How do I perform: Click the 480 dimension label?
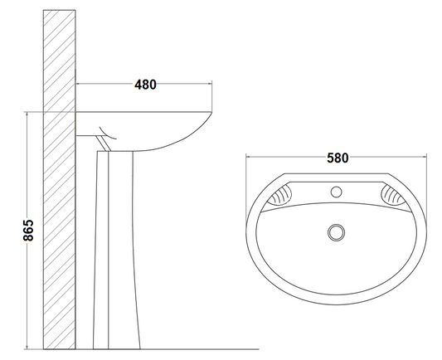(x=145, y=85)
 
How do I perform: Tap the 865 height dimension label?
(x=28, y=231)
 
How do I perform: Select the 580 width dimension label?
(x=338, y=158)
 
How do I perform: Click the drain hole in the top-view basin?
(x=337, y=232)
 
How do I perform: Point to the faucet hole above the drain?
(x=336, y=192)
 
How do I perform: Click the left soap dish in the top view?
(x=279, y=194)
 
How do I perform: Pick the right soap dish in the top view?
(x=393, y=194)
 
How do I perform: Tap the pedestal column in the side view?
(x=116, y=250)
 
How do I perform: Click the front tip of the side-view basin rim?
(x=211, y=113)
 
